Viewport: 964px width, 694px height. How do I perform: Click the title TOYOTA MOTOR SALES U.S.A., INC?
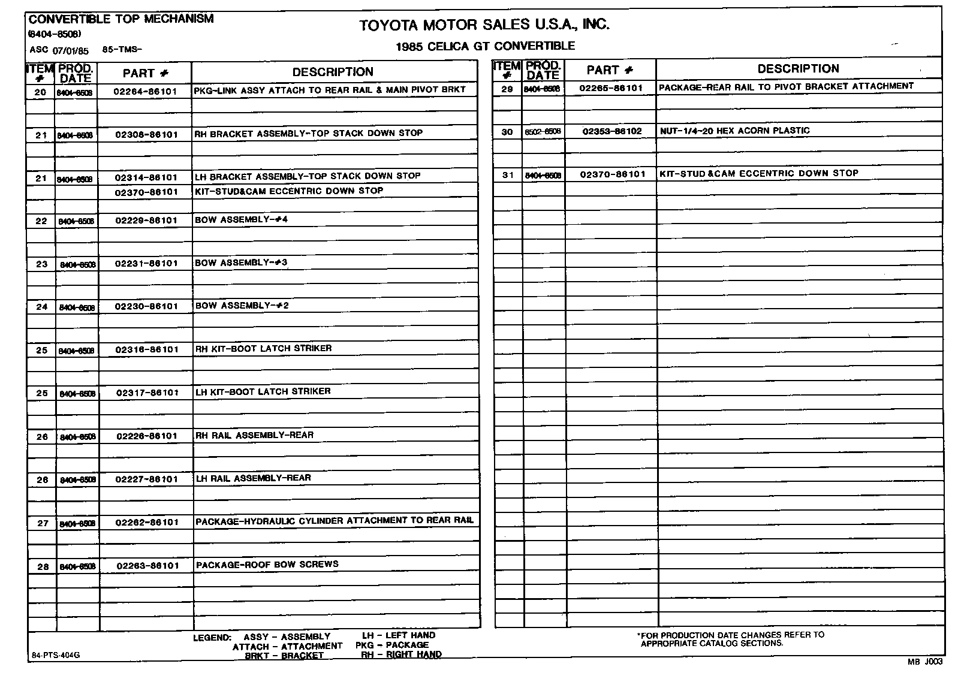(484, 25)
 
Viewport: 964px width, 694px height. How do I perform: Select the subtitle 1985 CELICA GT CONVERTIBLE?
(485, 46)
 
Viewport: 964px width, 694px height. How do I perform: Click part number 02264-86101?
(146, 92)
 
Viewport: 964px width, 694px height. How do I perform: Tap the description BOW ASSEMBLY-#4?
(241, 220)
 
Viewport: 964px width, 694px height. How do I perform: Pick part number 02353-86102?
(611, 131)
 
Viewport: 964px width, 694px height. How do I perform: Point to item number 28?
(43, 566)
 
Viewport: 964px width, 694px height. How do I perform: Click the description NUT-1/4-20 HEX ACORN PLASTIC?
(734, 131)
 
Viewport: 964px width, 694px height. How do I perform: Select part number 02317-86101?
(147, 393)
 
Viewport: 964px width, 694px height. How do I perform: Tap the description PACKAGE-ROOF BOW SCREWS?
(267, 565)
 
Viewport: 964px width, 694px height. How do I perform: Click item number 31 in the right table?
(508, 175)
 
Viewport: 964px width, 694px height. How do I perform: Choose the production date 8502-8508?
(543, 132)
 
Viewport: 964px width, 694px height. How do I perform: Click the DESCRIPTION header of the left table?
(333, 72)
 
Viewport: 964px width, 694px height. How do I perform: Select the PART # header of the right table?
(610, 70)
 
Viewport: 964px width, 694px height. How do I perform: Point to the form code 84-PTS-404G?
(56, 655)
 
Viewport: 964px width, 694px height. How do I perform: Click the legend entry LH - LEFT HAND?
(399, 635)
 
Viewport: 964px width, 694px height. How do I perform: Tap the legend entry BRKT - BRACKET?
(284, 656)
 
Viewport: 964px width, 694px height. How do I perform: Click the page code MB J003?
(924, 662)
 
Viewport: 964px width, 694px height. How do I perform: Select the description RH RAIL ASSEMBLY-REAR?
(254, 435)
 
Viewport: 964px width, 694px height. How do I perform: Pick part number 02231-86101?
(146, 264)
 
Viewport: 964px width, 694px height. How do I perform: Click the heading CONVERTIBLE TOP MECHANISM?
(121, 19)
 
